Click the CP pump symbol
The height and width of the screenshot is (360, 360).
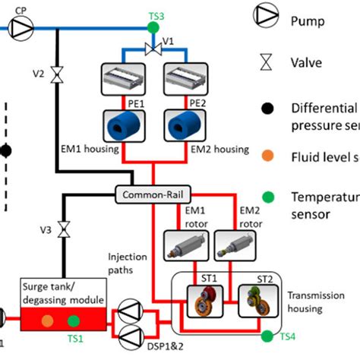(22, 29)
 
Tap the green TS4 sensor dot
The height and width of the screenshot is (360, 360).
(266, 335)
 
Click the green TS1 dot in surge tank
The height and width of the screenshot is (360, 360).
(74, 321)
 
